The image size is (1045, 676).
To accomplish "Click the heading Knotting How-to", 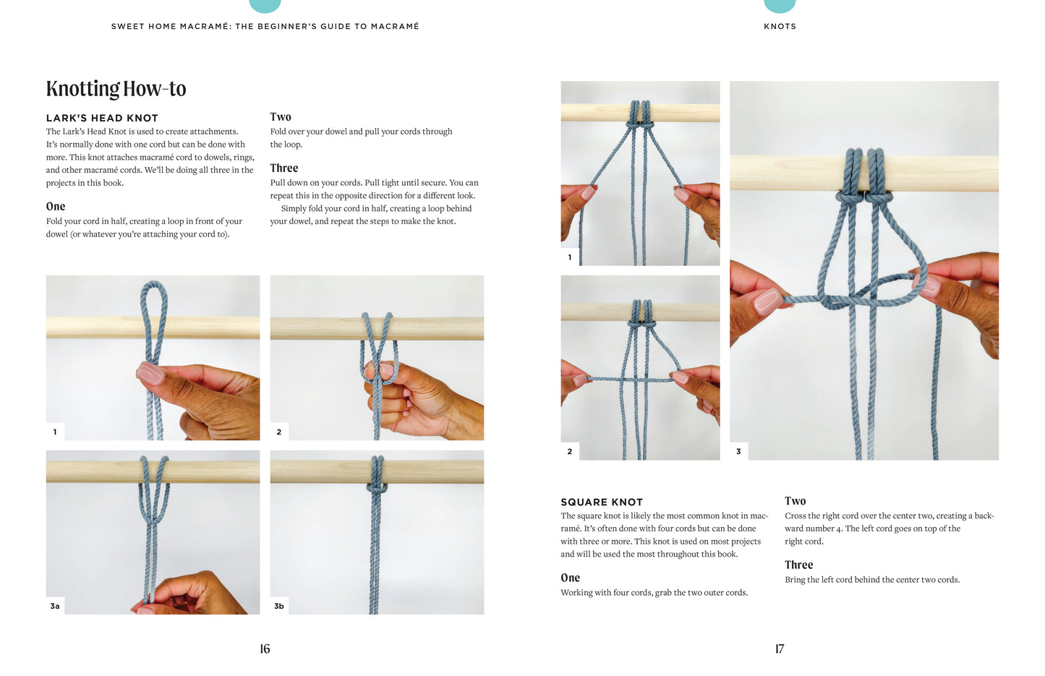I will [x=116, y=89].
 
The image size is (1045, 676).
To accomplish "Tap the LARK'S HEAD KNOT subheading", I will [x=102, y=118].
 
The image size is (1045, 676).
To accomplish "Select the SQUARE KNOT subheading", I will [x=602, y=502].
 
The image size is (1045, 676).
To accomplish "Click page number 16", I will [x=265, y=649].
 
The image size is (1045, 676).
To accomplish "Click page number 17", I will [x=779, y=649].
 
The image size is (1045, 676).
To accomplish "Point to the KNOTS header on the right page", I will [x=780, y=26].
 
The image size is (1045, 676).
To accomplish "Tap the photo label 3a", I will [x=55, y=606].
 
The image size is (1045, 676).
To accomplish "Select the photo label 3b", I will [x=279, y=606].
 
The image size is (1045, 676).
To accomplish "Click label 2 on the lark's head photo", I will [x=279, y=432].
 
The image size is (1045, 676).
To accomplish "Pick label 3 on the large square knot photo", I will [x=738, y=451].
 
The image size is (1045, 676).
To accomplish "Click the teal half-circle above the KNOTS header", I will [x=780, y=5].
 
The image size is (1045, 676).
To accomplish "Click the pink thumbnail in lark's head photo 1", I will [x=150, y=373].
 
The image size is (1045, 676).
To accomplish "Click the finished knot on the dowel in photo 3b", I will [x=377, y=489].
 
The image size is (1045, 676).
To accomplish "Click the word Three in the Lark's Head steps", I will [x=283, y=168].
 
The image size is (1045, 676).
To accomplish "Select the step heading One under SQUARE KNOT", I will [x=570, y=578].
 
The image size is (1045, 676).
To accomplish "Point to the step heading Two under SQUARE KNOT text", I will [x=795, y=501].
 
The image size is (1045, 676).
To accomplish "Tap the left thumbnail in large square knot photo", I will [x=766, y=299].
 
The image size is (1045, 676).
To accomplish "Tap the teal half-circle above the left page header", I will [x=265, y=5].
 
